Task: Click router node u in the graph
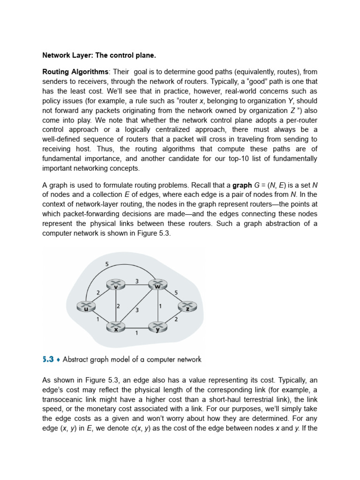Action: coord(86,307)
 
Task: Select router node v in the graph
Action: coord(115,285)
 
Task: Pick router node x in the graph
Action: coord(115,327)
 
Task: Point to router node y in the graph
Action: coord(157,327)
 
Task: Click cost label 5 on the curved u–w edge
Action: coord(107,264)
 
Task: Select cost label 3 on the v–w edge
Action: coord(136,281)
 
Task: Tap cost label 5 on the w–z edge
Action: coord(176,292)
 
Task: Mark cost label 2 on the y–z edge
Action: coord(176,319)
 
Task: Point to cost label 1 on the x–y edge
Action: coord(136,333)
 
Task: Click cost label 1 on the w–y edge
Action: coord(161,306)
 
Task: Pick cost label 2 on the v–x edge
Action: coord(119,306)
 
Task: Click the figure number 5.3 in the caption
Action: coord(48,360)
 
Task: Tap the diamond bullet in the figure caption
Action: coord(58,360)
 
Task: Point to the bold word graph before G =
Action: coord(242,185)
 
